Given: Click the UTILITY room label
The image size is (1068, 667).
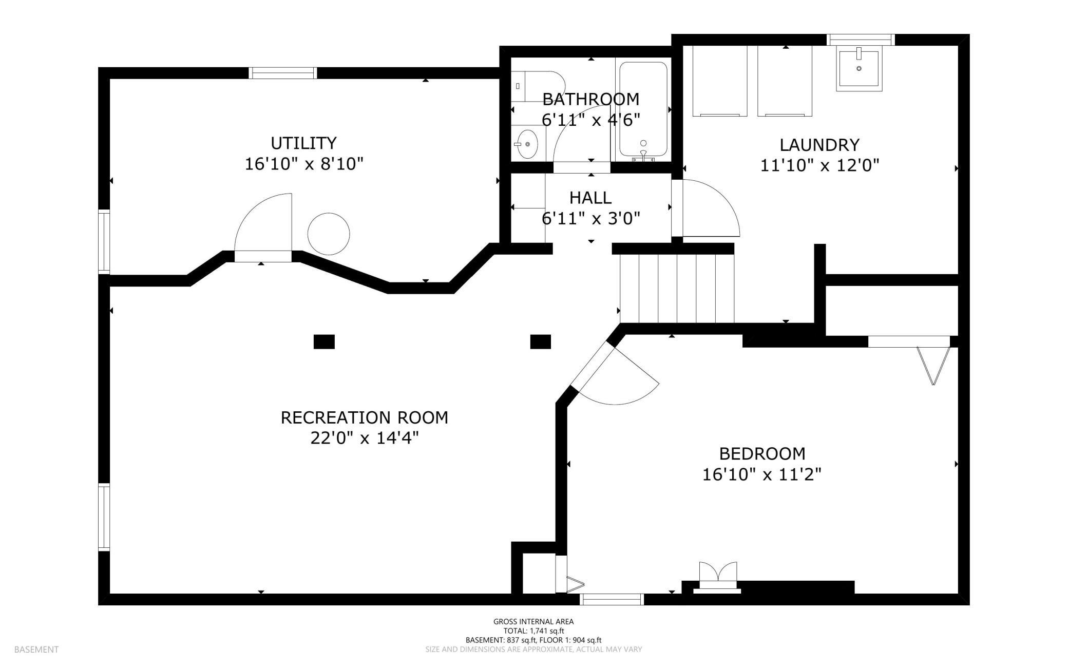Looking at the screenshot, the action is pos(303,143).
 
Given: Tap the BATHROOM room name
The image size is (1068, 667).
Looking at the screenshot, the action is pos(590,99).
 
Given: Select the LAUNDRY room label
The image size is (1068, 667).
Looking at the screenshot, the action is pos(819,145).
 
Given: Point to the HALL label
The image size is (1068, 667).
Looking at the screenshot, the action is pos(590,198).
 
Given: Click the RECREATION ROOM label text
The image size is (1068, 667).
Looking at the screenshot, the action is pos(365,417).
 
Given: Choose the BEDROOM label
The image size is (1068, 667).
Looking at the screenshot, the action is pos(762,454).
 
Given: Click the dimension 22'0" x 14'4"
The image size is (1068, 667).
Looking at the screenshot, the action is pos(365,439).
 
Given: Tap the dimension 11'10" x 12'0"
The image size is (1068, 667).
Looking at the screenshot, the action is pos(819,166).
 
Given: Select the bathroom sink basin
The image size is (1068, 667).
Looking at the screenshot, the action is pos(527,144).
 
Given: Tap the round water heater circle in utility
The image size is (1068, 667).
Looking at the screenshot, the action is pos(329,234).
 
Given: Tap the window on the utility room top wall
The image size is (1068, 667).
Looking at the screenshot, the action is pos(283,73).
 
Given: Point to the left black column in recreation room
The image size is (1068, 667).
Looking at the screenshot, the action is pos(324,341).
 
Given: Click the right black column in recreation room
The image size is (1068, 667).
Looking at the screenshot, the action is pos(540,341).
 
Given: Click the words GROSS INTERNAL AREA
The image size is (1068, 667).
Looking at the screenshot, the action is pos(533,621).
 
